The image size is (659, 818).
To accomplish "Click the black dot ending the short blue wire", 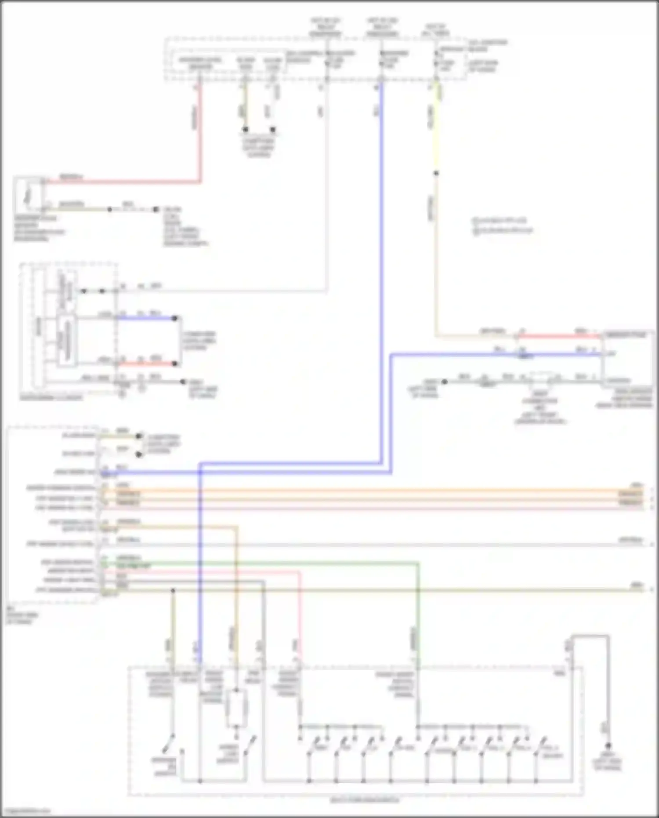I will [x=175, y=318].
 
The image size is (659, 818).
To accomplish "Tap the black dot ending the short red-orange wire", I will [x=175, y=364].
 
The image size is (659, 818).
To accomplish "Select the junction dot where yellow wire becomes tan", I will [x=436, y=173].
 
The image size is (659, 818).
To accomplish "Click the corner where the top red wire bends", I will [x=200, y=181].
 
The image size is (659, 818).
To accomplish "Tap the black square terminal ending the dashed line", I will [x=156, y=210].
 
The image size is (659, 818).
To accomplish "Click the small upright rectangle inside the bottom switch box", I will [x=236, y=708].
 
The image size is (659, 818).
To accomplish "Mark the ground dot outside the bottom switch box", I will [x=608, y=746].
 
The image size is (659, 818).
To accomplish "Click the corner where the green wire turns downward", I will [x=418, y=563].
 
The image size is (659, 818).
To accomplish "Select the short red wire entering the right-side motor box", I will [x=558, y=337].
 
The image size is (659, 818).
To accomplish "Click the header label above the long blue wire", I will [x=382, y=27].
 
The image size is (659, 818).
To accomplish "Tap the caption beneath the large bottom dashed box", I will [x=365, y=800].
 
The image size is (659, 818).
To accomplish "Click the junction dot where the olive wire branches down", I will [x=173, y=590].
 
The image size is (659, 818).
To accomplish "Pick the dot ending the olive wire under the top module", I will [x=246, y=130].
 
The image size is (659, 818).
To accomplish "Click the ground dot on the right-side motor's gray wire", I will [x=445, y=382].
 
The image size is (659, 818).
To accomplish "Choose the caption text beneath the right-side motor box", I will [x=624, y=398].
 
